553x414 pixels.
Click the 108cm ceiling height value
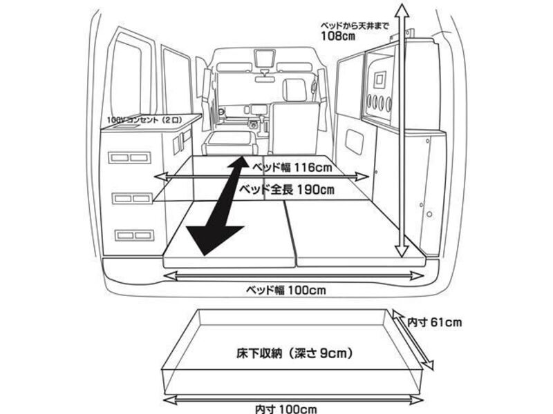point(338,36)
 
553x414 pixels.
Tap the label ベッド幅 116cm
point(292,167)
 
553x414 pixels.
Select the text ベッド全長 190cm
point(287,190)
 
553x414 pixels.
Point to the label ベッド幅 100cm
point(285,290)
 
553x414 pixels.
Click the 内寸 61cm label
point(434,322)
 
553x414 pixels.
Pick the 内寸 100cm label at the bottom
point(285,409)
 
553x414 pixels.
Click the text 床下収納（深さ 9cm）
point(294,353)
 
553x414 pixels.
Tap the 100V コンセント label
point(144,120)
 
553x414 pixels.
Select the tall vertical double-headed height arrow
point(402,131)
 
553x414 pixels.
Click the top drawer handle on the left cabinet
point(130,157)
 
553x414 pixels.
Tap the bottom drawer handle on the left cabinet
point(134,235)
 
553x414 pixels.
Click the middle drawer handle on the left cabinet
point(133,199)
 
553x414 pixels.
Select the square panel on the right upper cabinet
point(379,79)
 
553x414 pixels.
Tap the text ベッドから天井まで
point(355,26)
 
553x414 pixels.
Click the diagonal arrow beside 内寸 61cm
point(413,339)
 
